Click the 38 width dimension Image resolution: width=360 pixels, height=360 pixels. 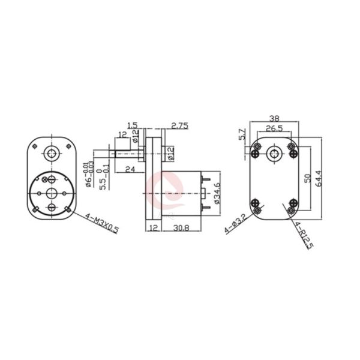coord(274,119)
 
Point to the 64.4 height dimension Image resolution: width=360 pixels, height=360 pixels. coord(326,178)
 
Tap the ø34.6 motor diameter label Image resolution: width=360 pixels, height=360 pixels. coord(217,193)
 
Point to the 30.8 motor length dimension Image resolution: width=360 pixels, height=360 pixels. coord(182,228)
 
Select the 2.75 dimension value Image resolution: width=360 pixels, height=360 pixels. coord(180,126)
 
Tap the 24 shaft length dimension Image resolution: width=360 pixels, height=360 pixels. coord(129,169)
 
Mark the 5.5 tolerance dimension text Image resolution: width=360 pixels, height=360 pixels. coord(105,176)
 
